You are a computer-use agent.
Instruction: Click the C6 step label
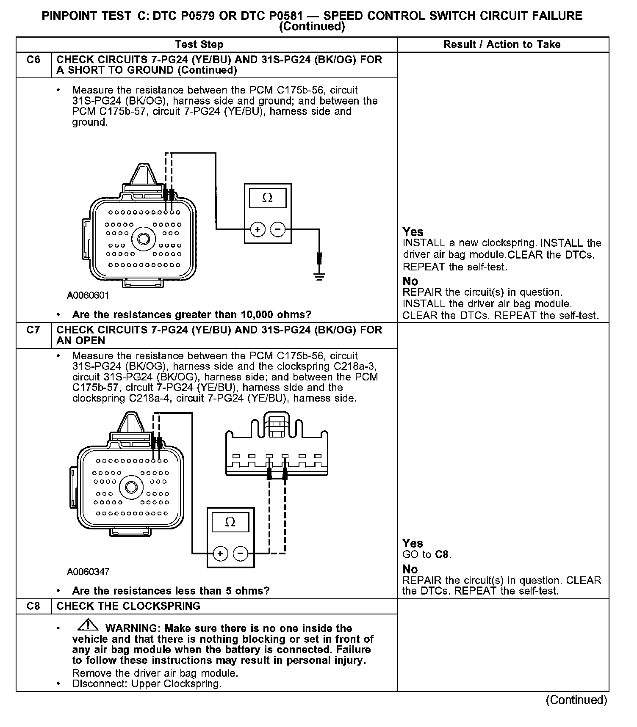33,60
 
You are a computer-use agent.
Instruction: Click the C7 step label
33,330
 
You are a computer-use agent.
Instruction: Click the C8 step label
33,606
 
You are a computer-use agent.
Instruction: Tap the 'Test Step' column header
199,44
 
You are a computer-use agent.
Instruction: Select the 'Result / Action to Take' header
502,44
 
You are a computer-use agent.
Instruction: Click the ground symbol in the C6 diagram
319,276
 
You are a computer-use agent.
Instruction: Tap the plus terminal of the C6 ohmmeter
258,230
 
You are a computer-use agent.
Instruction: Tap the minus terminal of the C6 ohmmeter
278,230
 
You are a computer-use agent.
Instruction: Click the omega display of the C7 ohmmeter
230,522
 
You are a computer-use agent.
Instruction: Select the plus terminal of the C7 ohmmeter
220,553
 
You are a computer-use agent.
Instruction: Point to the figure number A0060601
88,295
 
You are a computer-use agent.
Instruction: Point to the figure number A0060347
88,572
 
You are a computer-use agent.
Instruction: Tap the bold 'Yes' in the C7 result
413,543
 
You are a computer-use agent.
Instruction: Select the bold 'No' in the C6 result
410,281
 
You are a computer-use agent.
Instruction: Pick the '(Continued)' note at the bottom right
576,700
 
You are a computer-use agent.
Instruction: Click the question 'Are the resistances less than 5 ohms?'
171,591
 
